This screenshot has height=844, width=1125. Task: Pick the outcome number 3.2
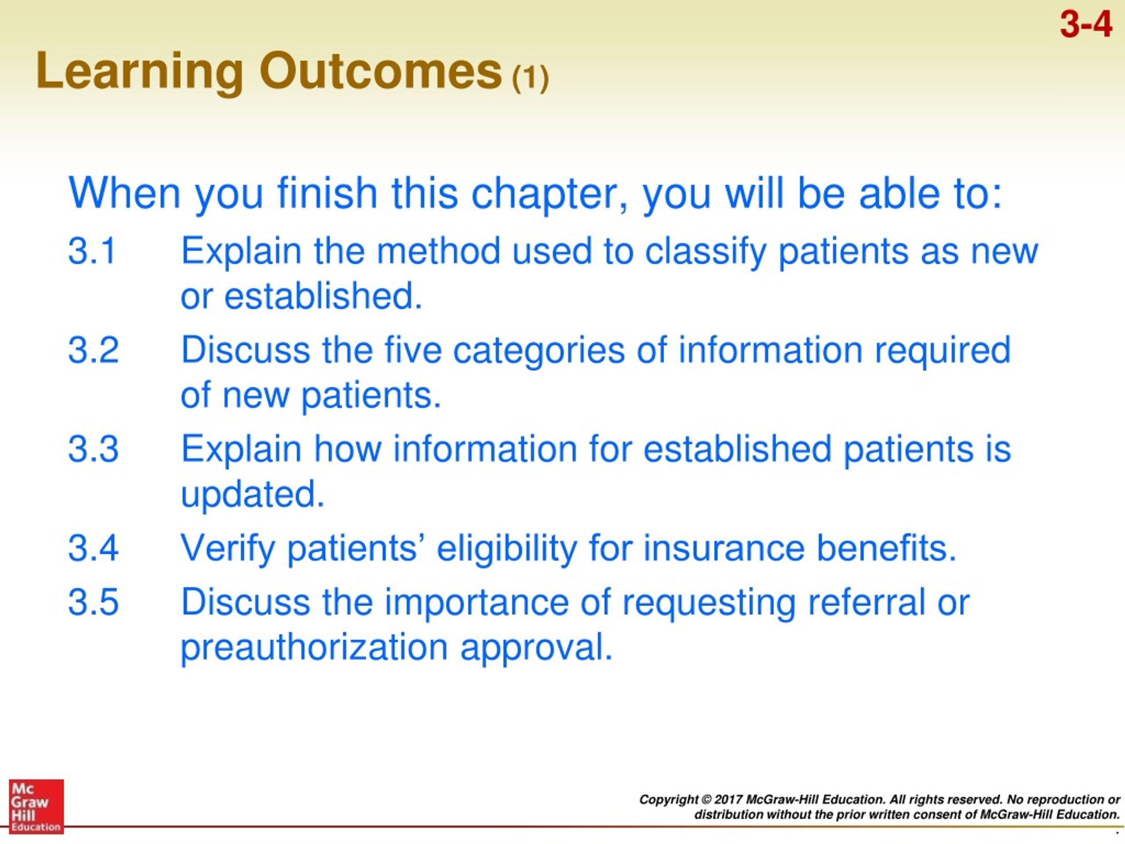pyautogui.click(x=93, y=349)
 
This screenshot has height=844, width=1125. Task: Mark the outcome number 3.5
pyautogui.click(x=93, y=601)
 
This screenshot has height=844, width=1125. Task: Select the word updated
pyautogui.click(x=252, y=495)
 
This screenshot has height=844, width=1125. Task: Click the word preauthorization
pyautogui.click(x=314, y=648)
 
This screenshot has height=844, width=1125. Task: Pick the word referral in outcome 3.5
pyautogui.click(x=866, y=601)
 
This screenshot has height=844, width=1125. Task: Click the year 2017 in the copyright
pyautogui.click(x=728, y=799)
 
